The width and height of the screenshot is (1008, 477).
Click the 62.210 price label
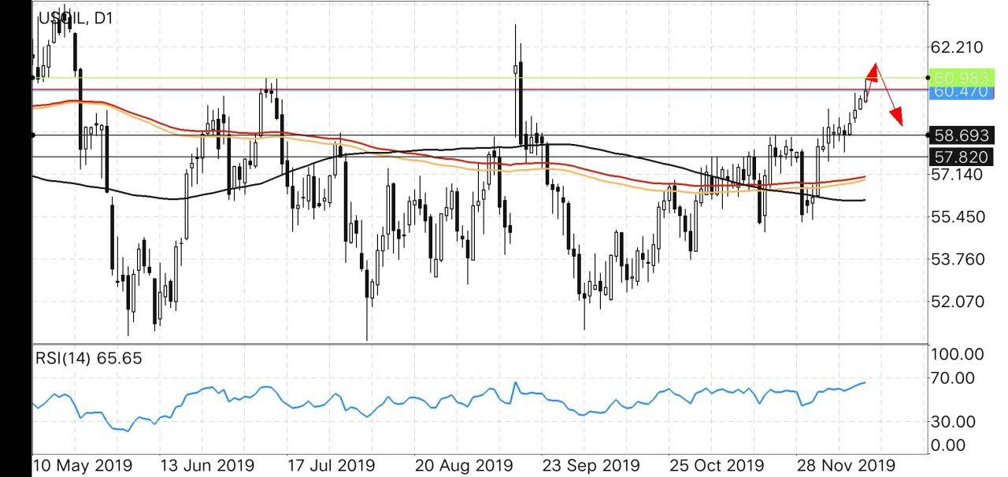tap(957, 48)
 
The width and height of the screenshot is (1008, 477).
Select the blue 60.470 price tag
tap(958, 91)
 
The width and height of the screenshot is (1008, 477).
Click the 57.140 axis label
tap(957, 174)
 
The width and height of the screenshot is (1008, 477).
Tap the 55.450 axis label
tap(957, 216)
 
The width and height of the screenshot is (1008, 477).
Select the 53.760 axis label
tap(957, 259)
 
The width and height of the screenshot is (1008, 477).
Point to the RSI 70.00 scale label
tap(954, 379)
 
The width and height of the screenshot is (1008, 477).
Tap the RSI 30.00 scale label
tap(954, 422)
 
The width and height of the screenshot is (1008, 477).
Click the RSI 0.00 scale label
tap(950, 446)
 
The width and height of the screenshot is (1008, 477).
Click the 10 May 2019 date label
tap(83, 465)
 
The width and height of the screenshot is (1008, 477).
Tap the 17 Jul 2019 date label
tap(330, 465)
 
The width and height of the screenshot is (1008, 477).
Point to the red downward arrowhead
tap(896, 117)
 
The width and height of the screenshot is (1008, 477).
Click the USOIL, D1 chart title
tap(75, 17)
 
